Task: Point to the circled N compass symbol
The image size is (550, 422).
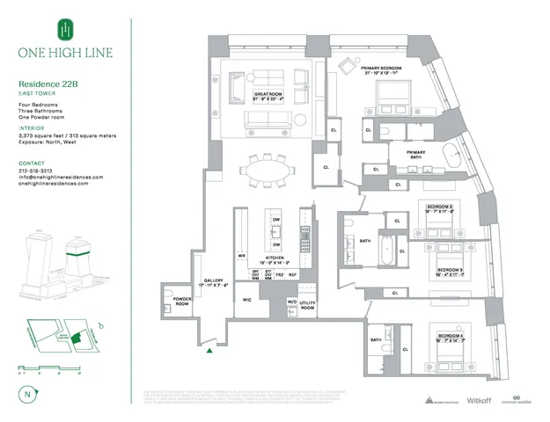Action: coord(28,395)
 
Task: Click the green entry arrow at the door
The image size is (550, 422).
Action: coord(209,352)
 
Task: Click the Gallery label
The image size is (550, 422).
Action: coord(214,281)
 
